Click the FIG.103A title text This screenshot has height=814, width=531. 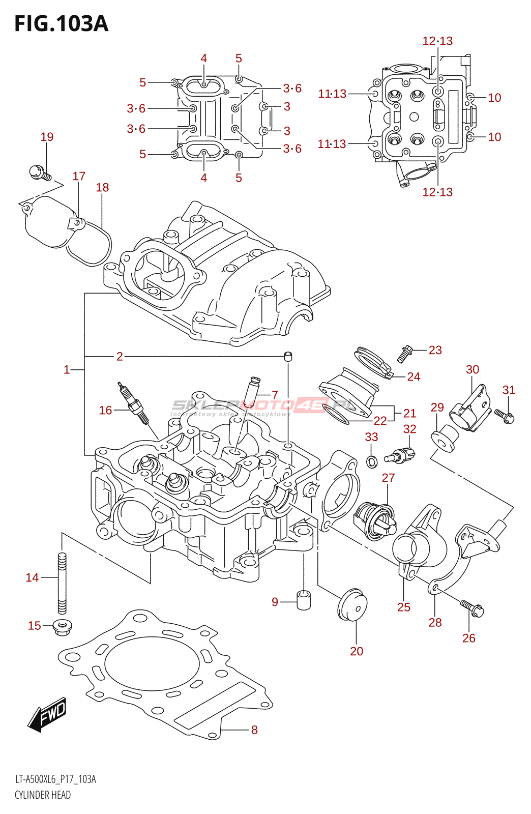point(61,24)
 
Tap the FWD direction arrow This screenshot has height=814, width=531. point(47,714)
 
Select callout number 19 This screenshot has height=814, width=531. point(47,137)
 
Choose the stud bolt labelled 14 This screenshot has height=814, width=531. point(62,583)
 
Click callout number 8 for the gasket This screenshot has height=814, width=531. point(254,730)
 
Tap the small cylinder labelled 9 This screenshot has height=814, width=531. point(304,600)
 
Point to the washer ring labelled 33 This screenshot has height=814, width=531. point(372,461)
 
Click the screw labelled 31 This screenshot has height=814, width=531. point(505,416)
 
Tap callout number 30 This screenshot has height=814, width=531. point(473,369)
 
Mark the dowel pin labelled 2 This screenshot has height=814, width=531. point(288,356)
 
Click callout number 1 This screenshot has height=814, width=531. point(67,369)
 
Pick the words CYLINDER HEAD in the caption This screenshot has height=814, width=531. point(43,795)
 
